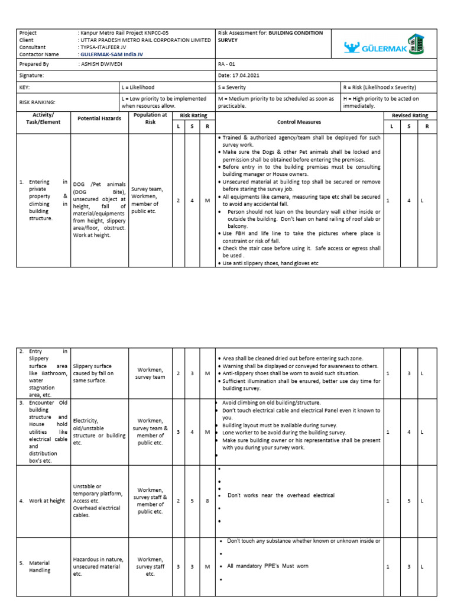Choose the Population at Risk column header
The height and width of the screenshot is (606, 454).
coord(150,118)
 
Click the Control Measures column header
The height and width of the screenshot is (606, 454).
coord(300,122)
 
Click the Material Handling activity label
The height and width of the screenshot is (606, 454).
coord(40,566)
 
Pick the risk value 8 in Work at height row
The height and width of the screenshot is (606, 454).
coord(207,501)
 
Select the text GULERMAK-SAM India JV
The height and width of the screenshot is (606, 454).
coord(111,54)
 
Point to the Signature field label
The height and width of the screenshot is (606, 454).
coord(32,76)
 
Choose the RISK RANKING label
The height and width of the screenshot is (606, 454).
coord(37,102)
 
